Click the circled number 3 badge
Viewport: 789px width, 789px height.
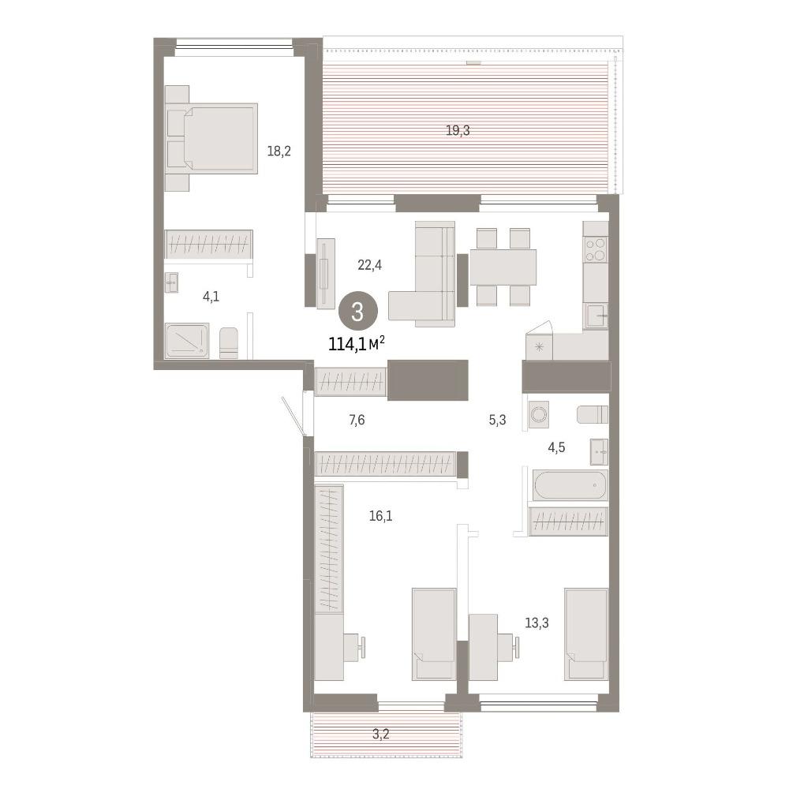357,312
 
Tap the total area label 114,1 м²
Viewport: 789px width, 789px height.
357,344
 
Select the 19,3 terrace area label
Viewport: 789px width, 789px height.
458,131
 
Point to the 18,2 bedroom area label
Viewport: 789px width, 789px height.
279,151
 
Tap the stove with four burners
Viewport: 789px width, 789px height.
596,249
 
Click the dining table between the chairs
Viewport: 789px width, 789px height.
503,267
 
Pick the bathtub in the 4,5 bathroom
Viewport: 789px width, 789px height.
570,484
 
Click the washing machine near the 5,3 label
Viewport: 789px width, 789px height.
538,415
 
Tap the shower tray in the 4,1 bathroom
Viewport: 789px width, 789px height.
187,341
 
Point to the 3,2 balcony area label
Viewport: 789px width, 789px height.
381,734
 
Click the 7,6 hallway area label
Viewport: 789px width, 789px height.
357,419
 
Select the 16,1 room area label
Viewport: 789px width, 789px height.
381,516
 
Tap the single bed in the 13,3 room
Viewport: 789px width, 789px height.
586,634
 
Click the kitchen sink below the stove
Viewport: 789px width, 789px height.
596,316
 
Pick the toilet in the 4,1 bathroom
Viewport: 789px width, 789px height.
229,343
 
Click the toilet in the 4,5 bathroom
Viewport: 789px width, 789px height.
593,415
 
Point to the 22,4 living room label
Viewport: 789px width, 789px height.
370,264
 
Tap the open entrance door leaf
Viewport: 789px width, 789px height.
294,416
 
